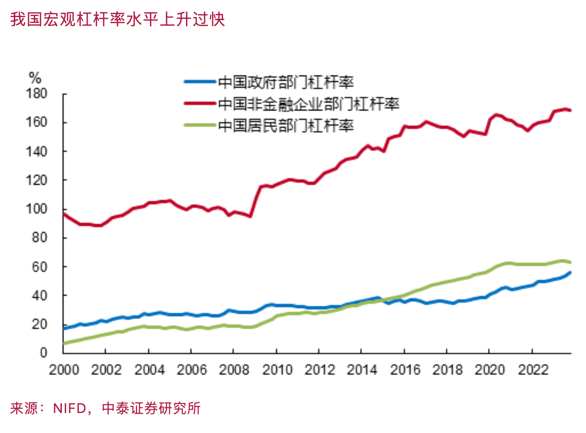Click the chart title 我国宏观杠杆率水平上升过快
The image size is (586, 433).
coord(117,20)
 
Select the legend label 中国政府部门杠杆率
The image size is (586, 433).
coord(286,82)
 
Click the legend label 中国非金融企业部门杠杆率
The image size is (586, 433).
coord(308,104)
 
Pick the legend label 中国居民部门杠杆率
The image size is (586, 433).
coord(286,125)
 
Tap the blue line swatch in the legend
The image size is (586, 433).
coord(199,82)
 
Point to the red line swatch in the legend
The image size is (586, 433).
coord(199,104)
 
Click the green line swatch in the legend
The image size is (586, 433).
coord(199,125)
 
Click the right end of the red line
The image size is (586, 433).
coord(570,110)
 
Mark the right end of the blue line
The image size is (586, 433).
coord(570,272)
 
